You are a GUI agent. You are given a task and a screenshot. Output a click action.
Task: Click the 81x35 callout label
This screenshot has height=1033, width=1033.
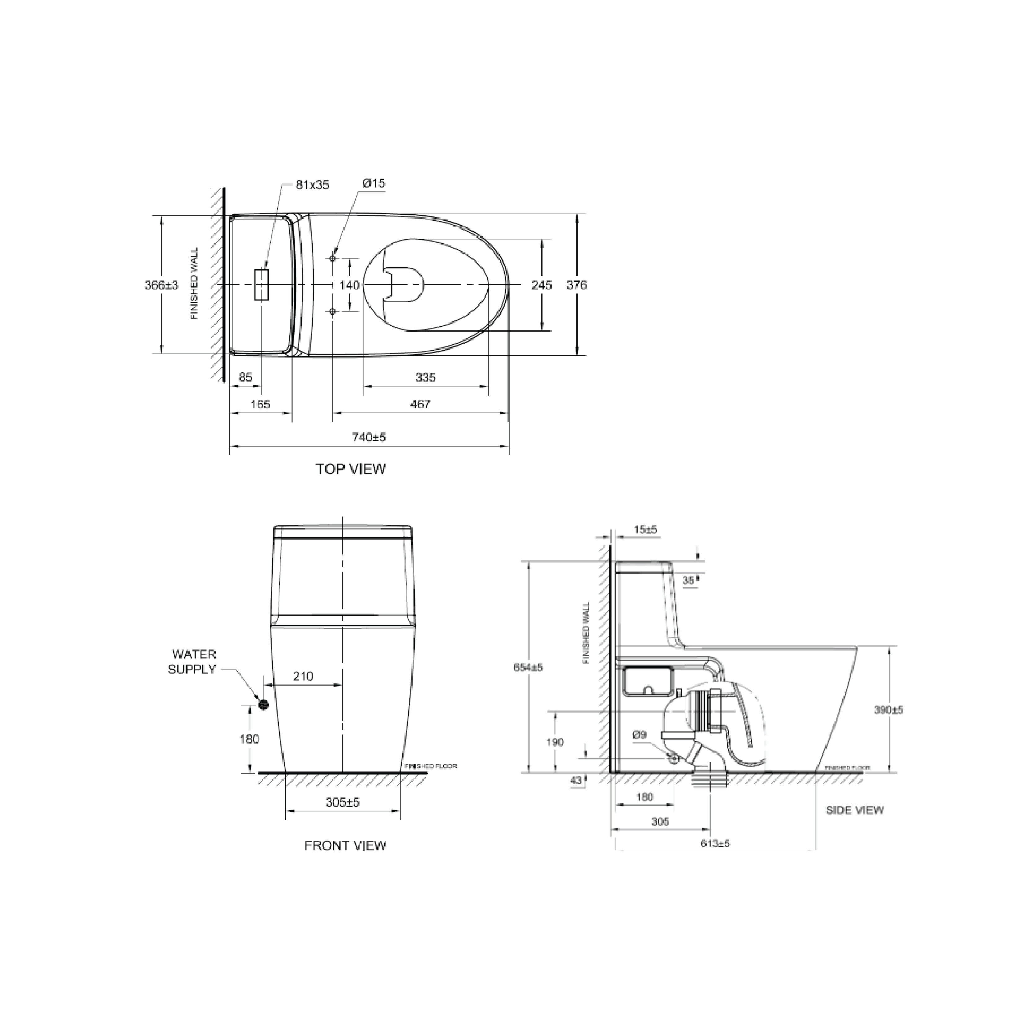pyautogui.click(x=313, y=185)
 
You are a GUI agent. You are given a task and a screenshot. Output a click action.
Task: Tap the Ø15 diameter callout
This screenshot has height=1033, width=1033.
pyautogui.click(x=373, y=183)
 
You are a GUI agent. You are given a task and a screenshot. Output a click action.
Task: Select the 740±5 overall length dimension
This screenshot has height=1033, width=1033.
pyautogui.click(x=369, y=437)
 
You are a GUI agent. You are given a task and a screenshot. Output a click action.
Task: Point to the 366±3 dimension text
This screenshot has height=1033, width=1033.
pyautogui.click(x=161, y=285)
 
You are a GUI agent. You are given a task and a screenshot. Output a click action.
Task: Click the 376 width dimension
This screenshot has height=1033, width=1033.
pyautogui.click(x=576, y=285)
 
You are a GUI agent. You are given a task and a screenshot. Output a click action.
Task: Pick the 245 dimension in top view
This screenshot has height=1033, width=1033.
pyautogui.click(x=542, y=285)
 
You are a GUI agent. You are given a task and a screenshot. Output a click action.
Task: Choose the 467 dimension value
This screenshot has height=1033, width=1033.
pyautogui.click(x=420, y=404)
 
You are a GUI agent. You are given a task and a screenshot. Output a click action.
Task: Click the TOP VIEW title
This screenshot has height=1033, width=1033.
pyautogui.click(x=350, y=469)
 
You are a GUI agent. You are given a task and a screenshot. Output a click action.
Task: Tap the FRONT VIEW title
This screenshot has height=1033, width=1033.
pyautogui.click(x=345, y=845)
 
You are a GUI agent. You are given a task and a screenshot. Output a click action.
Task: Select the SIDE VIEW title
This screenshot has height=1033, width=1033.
pyautogui.click(x=854, y=810)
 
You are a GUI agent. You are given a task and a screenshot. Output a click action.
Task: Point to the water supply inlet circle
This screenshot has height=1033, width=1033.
pyautogui.click(x=263, y=705)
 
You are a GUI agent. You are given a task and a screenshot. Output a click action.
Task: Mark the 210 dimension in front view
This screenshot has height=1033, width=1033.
pyautogui.click(x=302, y=676)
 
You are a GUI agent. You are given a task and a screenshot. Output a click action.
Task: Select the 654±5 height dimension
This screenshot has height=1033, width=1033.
pyautogui.click(x=528, y=667)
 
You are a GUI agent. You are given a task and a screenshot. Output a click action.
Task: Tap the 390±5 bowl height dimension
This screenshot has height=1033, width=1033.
pyautogui.click(x=888, y=710)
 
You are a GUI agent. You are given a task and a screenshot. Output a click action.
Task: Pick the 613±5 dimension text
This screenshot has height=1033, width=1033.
pyautogui.click(x=715, y=844)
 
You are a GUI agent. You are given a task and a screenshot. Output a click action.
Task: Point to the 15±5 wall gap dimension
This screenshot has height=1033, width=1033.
pyautogui.click(x=645, y=530)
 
